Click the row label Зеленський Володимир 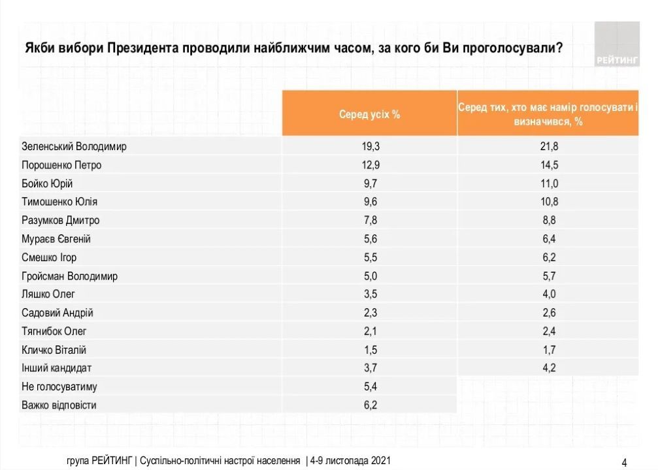[74, 146]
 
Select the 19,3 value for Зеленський [369, 146]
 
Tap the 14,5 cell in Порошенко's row [548, 165]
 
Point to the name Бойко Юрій [47, 183]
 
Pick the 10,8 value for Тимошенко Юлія [548, 202]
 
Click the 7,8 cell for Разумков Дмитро [369, 220]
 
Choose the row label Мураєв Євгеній [56, 239]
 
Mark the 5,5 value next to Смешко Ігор [369, 257]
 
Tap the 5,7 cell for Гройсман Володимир [548, 275]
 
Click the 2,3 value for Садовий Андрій [369, 313]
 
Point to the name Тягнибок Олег [54, 331]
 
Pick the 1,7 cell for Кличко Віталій [548, 349]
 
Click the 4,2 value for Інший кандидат [548, 368]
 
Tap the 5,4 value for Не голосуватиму [369, 386]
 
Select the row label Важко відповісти [59, 405]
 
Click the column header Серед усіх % [369, 114]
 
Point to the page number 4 [624, 462]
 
